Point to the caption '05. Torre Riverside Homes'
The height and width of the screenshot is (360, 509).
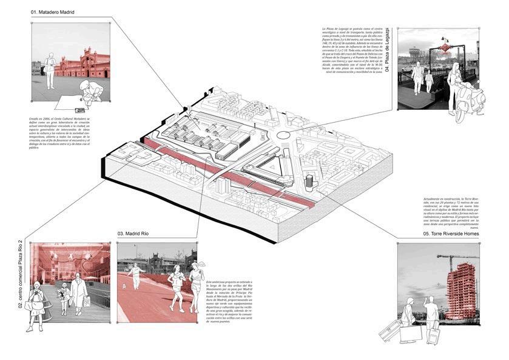click(451, 234)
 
